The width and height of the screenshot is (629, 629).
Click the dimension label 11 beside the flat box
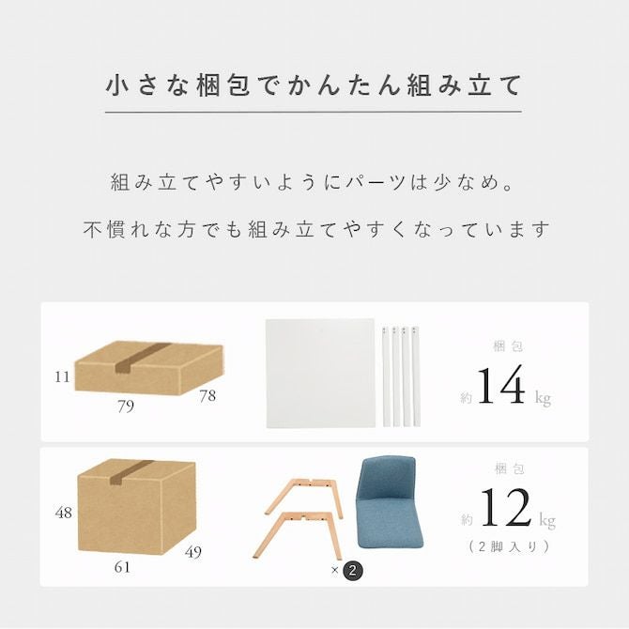click(62, 377)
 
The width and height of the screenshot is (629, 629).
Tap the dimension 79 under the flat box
click(126, 407)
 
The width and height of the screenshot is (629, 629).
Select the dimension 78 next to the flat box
click(207, 396)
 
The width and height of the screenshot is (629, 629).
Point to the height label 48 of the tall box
click(64, 513)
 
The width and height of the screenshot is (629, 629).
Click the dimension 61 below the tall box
click(122, 567)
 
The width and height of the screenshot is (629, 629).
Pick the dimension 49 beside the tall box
click(193, 552)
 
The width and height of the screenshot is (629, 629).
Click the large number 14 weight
click(501, 385)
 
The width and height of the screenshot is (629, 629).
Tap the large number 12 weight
click(505, 507)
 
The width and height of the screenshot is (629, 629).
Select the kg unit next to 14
click(543, 398)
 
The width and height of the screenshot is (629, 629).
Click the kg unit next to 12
click(547, 520)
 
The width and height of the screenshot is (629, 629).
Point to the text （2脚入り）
click(508, 546)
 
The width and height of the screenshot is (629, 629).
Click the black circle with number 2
click(353, 570)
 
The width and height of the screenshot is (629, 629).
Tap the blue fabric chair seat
click(389, 503)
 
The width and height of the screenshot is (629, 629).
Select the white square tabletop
click(320, 374)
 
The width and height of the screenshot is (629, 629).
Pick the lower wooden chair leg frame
click(298, 535)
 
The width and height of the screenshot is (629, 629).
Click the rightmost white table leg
click(416, 376)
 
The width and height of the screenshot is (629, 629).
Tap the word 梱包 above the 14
click(508, 346)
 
